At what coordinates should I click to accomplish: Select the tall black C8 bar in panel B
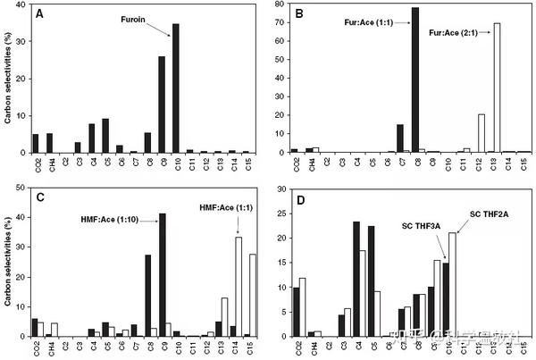[415, 80]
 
